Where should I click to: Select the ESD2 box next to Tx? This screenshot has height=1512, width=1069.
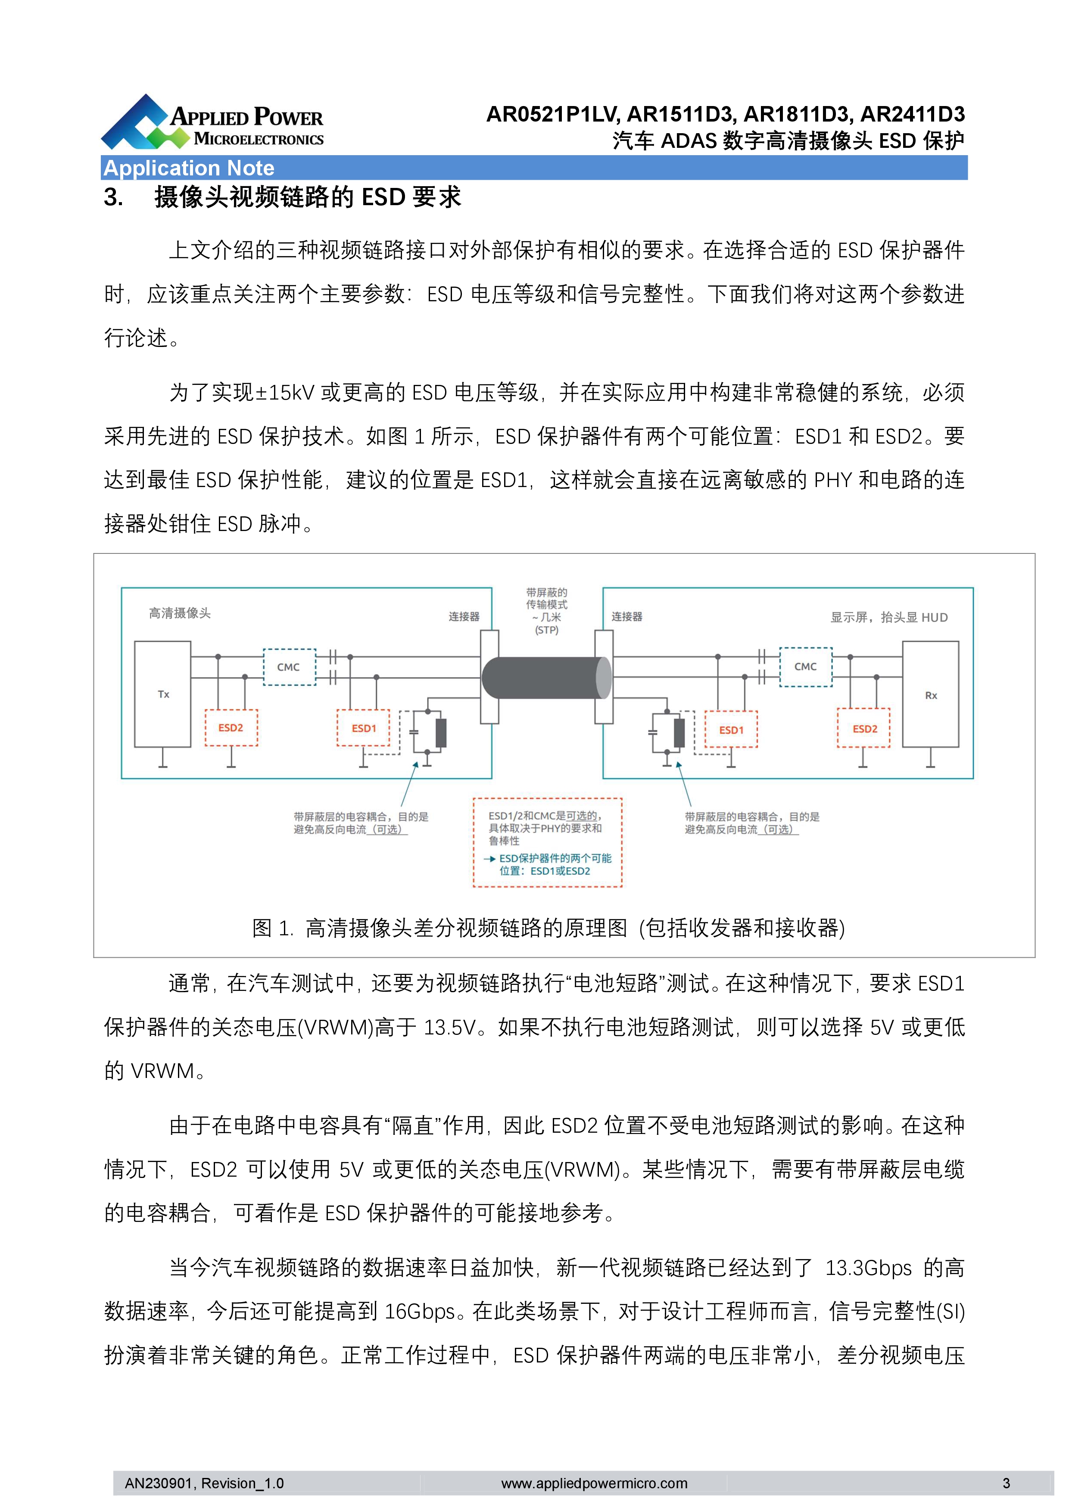[x=231, y=728]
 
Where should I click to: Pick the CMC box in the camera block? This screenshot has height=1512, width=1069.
[x=289, y=667]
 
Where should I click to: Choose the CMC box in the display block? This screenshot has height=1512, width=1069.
[x=806, y=666]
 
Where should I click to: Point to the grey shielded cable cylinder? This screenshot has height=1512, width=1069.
[x=546, y=678]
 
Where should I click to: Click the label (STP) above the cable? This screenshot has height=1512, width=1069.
[x=546, y=630]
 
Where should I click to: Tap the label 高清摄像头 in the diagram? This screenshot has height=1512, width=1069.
[x=180, y=613]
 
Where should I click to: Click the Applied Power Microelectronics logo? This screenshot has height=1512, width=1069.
[x=212, y=122]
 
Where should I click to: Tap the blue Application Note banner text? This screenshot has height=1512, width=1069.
[x=189, y=168]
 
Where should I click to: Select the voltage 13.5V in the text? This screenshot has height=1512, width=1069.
[x=449, y=1027]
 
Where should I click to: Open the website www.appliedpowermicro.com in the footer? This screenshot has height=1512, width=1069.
[x=595, y=1483]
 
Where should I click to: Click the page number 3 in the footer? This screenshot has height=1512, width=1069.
[x=1006, y=1483]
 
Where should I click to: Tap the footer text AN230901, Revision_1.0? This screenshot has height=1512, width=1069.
[x=204, y=1483]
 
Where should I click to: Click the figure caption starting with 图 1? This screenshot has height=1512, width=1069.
[x=549, y=928]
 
